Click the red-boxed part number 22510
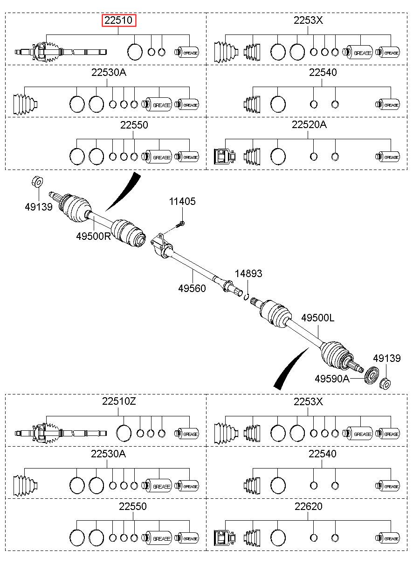point(119,20)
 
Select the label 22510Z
point(119,401)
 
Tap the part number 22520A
point(309,125)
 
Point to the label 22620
point(309,506)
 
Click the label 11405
point(182,201)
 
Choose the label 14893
point(248,273)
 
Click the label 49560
point(192,288)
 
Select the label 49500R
point(94,236)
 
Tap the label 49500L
point(318,318)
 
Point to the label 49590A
point(332,379)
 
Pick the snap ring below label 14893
point(247,297)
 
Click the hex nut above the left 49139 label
point(38,182)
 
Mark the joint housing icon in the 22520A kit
point(225,156)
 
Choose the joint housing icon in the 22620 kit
point(225,538)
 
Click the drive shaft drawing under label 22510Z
point(61,434)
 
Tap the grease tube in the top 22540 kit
point(387,104)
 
